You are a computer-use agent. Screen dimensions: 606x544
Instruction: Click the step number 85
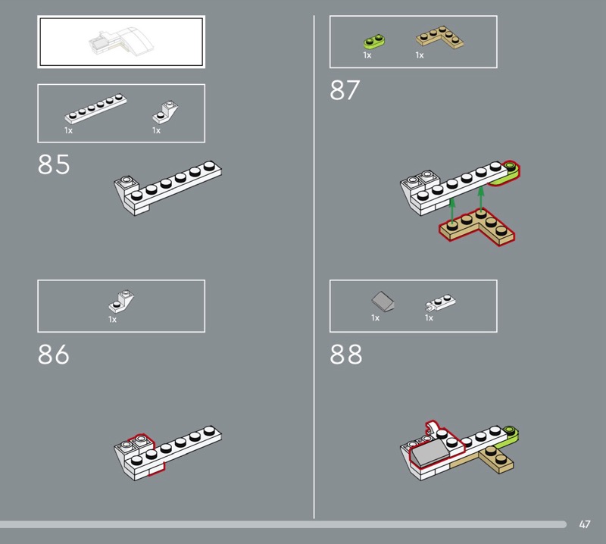click(54, 164)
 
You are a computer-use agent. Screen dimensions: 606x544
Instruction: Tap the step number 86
click(54, 354)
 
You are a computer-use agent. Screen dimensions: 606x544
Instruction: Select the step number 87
click(345, 90)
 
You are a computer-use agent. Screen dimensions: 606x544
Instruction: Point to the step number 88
click(346, 354)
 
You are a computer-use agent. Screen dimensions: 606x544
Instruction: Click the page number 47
click(584, 524)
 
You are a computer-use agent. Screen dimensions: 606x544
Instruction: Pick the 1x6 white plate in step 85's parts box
click(95, 108)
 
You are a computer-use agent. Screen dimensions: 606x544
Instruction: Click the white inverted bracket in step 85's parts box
click(165, 112)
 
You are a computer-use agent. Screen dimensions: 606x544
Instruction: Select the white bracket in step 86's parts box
click(121, 302)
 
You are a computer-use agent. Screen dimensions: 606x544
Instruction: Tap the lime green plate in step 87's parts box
click(374, 42)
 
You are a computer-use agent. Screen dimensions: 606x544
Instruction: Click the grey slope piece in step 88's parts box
click(383, 302)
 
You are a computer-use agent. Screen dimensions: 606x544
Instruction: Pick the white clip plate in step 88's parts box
click(441, 302)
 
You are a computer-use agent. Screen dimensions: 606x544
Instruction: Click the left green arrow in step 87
click(452, 211)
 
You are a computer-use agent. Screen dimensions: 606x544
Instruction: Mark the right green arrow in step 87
click(481, 199)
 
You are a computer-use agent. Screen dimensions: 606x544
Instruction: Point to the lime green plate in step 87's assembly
click(507, 174)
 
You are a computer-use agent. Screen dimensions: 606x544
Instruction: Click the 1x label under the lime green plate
click(367, 55)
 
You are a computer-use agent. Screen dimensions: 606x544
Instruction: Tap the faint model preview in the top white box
click(121, 41)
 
